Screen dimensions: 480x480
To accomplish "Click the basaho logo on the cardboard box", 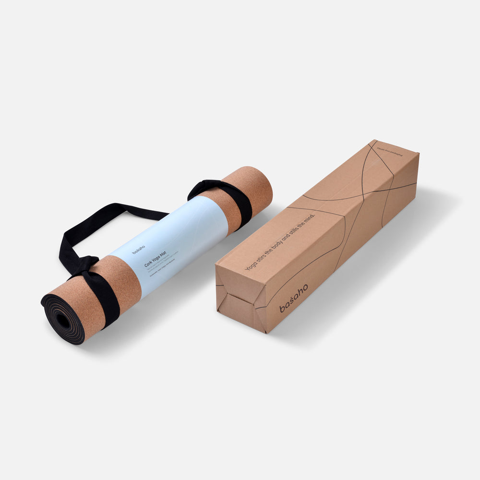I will pyautogui.click(x=294, y=298).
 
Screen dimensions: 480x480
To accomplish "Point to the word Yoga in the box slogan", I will pyautogui.click(x=251, y=265).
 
